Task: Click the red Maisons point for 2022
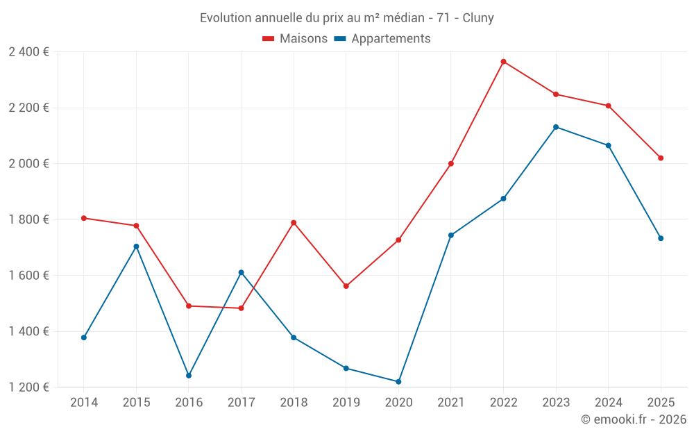tap(503, 62)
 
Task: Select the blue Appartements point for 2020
tap(398, 382)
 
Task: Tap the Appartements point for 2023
tap(556, 127)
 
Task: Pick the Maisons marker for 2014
tap(84, 218)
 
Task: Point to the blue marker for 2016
tap(189, 376)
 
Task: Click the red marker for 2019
tap(346, 286)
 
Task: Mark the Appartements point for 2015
tap(136, 247)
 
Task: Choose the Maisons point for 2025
tap(661, 158)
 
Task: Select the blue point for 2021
tap(451, 235)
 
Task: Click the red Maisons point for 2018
tap(294, 223)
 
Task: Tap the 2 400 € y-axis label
tap(29, 52)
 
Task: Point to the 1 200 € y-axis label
tap(29, 387)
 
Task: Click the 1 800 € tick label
tap(29, 219)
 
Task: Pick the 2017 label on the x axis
tap(241, 402)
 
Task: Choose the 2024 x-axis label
tap(608, 402)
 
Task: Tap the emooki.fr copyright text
tap(634, 419)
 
